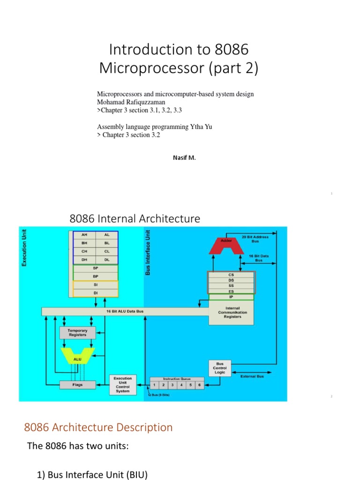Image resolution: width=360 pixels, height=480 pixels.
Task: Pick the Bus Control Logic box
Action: click(x=220, y=368)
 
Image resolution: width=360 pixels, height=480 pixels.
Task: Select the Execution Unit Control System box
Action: click(x=123, y=384)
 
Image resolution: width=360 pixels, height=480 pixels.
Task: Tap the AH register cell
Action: click(x=84, y=235)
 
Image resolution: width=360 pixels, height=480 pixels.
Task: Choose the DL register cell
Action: click(x=107, y=259)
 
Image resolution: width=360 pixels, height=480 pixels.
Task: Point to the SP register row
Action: click(x=96, y=269)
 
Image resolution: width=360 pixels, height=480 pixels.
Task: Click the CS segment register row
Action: click(x=231, y=275)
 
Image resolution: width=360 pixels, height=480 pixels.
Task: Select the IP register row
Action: click(x=231, y=297)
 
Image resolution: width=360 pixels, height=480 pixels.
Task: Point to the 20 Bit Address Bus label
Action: click(x=255, y=239)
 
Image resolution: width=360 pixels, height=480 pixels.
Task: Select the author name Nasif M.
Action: click(x=184, y=158)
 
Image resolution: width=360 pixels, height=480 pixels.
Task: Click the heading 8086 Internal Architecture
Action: click(x=135, y=218)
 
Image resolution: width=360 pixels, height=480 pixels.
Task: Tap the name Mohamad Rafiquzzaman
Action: click(x=131, y=102)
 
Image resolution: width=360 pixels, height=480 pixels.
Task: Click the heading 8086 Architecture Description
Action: click(x=98, y=427)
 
